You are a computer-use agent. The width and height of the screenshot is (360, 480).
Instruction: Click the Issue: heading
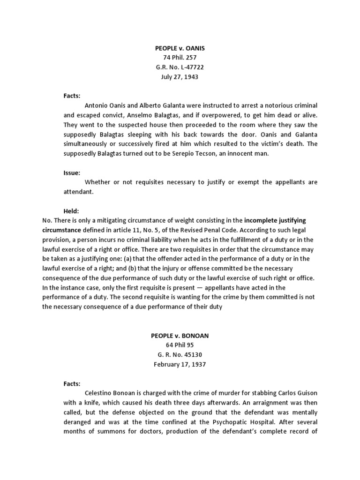[x=72, y=172]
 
